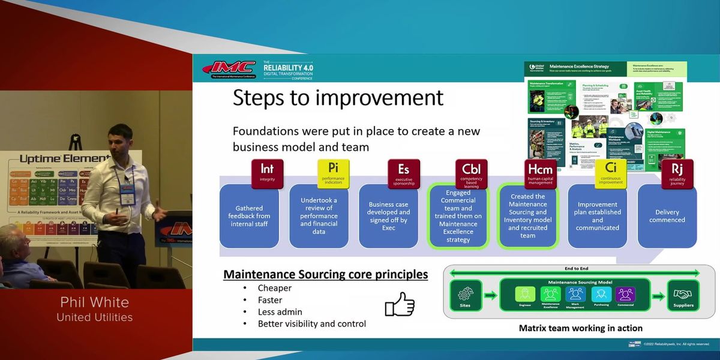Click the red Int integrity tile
click(267, 174)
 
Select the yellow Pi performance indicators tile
click(333, 174)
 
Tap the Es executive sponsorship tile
click(403, 174)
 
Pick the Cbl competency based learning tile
click(471, 174)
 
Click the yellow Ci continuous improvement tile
click(610, 174)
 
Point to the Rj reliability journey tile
click(677, 174)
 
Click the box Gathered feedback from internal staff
click(250, 216)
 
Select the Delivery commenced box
click(667, 216)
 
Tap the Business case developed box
click(389, 216)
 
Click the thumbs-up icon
click(400, 304)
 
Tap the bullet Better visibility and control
click(311, 324)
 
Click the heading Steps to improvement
click(338, 97)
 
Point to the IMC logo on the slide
click(229, 69)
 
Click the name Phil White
click(95, 302)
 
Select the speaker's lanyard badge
click(127, 195)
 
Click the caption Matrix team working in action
click(580, 328)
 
